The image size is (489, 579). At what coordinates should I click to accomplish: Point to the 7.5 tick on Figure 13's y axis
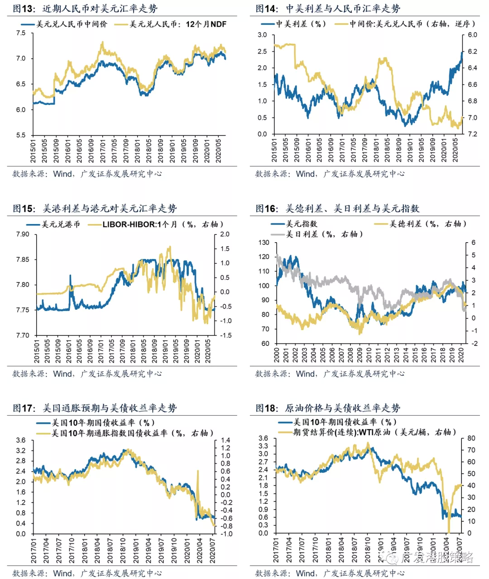pyautogui.click(x=21, y=33)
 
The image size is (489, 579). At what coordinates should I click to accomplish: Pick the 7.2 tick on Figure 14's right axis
pyautogui.click(x=472, y=134)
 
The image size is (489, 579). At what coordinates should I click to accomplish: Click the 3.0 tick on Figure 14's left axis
pyautogui.click(x=262, y=35)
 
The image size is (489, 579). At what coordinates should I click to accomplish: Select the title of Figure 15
pyautogui.click(x=95, y=208)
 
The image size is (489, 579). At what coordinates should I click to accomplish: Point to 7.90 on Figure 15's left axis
pyautogui.click(x=22, y=234)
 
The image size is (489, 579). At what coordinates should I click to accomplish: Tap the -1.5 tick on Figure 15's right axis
pyautogui.click(x=225, y=335)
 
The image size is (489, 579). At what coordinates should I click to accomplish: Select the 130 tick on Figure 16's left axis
pyautogui.click(x=264, y=243)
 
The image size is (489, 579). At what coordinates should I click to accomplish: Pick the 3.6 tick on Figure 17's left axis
pyautogui.click(x=21, y=440)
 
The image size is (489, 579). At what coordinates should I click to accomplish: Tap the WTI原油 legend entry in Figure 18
pyautogui.click(x=371, y=432)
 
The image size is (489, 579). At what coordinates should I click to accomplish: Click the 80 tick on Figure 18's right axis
pyautogui.click(x=471, y=438)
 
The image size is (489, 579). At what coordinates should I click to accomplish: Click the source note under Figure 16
pyautogui.click(x=330, y=373)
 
